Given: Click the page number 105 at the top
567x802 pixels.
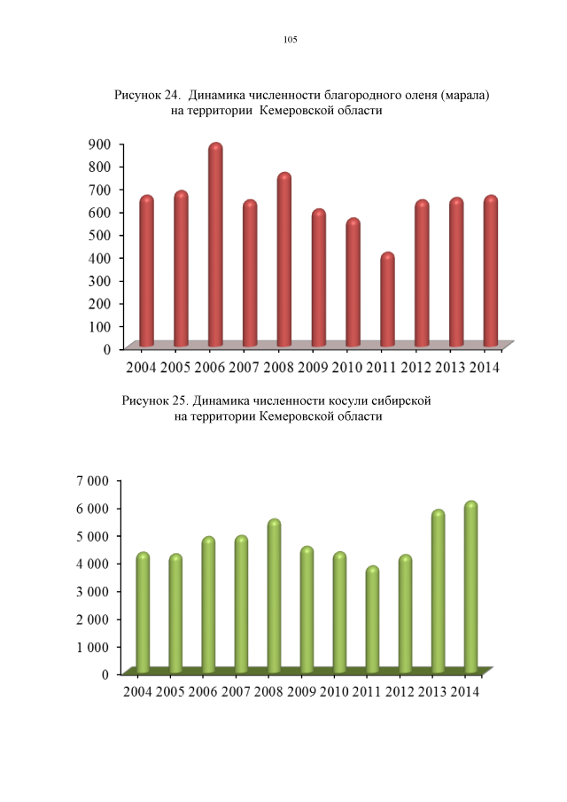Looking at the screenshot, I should (x=290, y=40).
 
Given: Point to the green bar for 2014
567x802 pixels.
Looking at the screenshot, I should (x=470, y=588).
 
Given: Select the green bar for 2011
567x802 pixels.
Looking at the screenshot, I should (x=372, y=620).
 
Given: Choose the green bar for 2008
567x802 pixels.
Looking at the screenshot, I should (x=274, y=597).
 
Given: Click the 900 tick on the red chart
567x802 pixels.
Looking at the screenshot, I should (x=99, y=144).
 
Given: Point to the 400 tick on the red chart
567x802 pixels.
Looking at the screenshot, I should (x=99, y=258).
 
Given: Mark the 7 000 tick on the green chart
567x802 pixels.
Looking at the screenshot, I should (x=92, y=480).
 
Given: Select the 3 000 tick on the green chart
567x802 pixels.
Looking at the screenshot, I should (x=92, y=591).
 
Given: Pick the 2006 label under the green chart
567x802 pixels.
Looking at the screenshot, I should (x=203, y=692).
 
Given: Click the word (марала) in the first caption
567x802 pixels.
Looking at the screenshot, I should (x=460, y=94).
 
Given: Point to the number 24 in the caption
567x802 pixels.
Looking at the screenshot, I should (x=174, y=94).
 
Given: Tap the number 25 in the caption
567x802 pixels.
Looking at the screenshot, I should (x=181, y=401).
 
